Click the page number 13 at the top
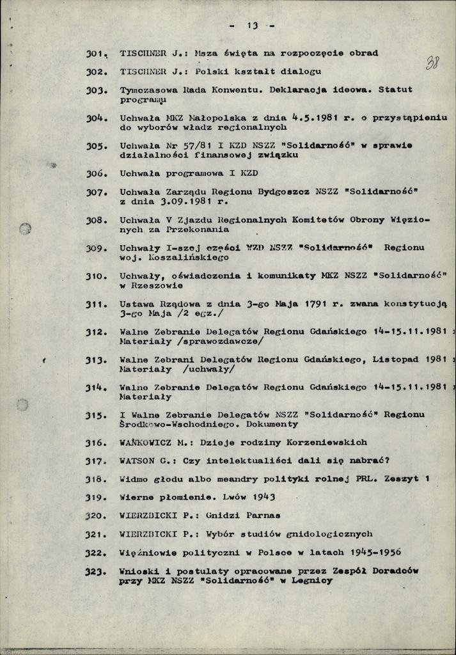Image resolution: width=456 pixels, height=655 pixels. tap(251, 26)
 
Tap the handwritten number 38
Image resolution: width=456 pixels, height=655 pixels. tap(432, 63)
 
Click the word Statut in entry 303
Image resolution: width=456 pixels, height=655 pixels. tap(395, 90)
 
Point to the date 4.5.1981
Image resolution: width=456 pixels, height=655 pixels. tap(311, 118)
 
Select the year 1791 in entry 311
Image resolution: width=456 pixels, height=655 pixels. tap(317, 304)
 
